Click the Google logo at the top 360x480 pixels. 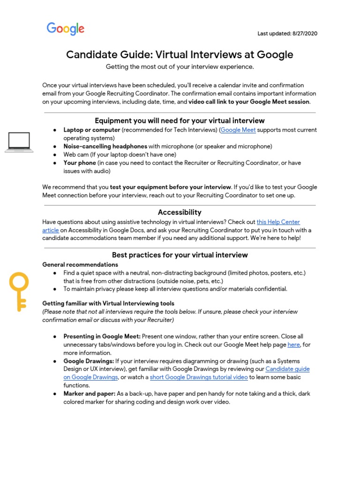(x=66, y=29)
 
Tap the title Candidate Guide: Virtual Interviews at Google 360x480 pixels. (x=180, y=55)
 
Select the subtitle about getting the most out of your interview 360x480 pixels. (x=180, y=67)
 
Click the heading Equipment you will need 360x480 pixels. (x=180, y=120)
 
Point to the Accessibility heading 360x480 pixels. (x=180, y=212)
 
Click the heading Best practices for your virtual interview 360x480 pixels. (x=180, y=255)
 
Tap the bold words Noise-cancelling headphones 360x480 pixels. (x=105, y=146)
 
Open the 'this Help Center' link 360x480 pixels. (x=278, y=222)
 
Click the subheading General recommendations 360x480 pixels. (x=80, y=264)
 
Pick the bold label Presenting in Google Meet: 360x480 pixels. (x=102, y=337)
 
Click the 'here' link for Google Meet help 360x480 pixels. (x=293, y=345)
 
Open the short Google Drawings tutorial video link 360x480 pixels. (x=199, y=377)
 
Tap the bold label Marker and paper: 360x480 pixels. (x=90, y=394)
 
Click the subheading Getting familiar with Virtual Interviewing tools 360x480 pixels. (x=108, y=303)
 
